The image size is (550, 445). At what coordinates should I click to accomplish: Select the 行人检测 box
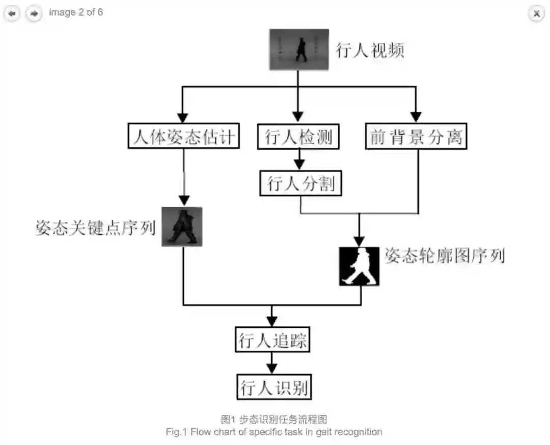coord(298,136)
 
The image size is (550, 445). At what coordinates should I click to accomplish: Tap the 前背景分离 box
coord(416,136)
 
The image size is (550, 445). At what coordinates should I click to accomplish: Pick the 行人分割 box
coord(300,184)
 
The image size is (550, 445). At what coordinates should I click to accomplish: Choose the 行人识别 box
coord(273,387)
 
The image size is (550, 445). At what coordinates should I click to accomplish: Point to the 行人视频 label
coord(370,50)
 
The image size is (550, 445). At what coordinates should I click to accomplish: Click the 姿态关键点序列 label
coord(95,228)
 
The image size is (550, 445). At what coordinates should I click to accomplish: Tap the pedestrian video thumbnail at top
coord(299,49)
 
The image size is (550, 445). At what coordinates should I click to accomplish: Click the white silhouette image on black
coord(360,266)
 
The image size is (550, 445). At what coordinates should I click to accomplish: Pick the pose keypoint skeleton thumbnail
coord(182,227)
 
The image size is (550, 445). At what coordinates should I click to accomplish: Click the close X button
coord(536,13)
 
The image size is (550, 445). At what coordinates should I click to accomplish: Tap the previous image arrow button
coord(12,13)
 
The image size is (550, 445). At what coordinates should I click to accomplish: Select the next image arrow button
coord(34,13)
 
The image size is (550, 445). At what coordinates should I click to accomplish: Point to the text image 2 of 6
coord(76,12)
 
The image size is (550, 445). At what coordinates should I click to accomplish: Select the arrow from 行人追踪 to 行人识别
coord(272,364)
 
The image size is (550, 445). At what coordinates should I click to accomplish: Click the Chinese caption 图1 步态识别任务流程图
coord(273,420)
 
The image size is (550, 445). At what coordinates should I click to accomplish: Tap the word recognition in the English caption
coord(356,432)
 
